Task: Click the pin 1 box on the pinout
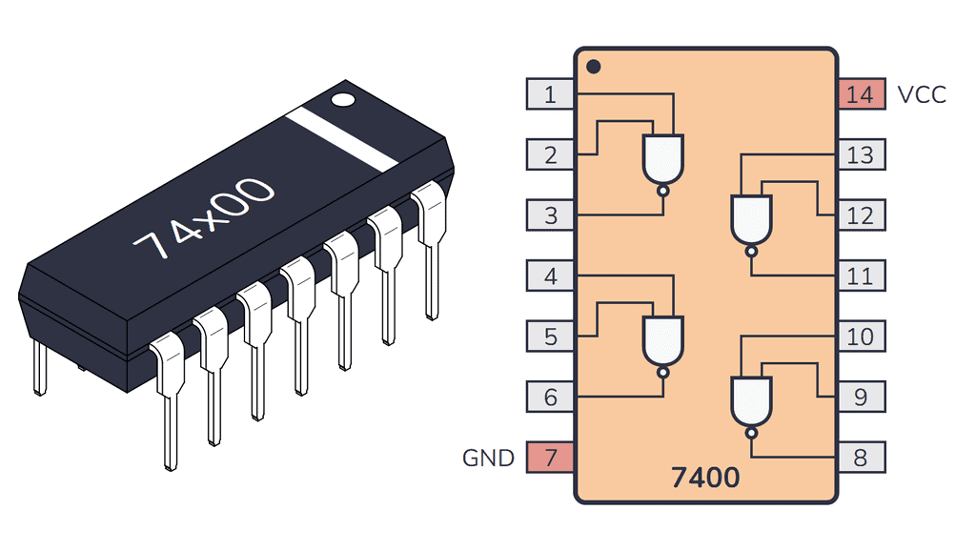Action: [550, 94]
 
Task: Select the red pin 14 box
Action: [861, 94]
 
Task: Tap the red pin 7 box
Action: [550, 458]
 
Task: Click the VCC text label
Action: [922, 94]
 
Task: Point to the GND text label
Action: [488, 458]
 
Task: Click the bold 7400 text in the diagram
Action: [704, 476]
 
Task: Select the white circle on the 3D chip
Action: [342, 98]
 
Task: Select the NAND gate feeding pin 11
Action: [751, 220]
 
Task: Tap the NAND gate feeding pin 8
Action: [751, 401]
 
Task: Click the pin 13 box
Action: [861, 154]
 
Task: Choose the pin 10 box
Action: [861, 337]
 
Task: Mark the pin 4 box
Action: [550, 276]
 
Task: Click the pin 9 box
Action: [861, 397]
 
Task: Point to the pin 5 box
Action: [550, 337]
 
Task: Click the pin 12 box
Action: [861, 215]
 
